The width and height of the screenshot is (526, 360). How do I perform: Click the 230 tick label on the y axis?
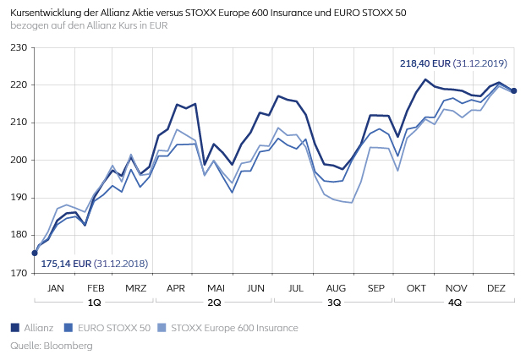[x=18, y=47]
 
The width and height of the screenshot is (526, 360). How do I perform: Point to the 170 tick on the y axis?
[x=18, y=273]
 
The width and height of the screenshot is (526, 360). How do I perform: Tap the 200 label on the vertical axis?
[x=18, y=161]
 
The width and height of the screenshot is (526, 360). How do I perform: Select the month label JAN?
[x=55, y=287]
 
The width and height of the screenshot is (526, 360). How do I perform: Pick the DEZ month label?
[x=496, y=287]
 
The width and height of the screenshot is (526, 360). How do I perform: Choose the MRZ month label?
[x=135, y=287]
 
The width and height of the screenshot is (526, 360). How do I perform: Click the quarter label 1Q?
[x=95, y=302]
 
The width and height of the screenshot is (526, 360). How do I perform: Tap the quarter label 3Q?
[x=335, y=302]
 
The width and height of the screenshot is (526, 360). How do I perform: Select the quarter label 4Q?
[x=456, y=302]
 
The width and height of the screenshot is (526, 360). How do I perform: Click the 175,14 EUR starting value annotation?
[x=66, y=264]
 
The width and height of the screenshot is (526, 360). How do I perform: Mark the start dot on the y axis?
[x=35, y=253]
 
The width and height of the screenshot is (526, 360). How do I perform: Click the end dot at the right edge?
[x=514, y=91]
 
